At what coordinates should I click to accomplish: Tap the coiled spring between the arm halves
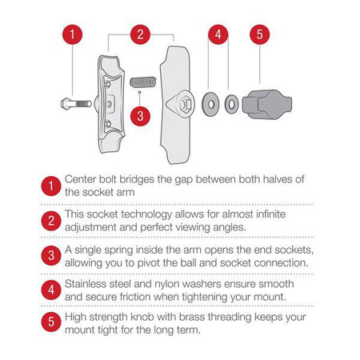click(140, 82)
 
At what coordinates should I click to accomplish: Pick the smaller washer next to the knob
click(230, 102)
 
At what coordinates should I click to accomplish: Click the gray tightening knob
click(262, 102)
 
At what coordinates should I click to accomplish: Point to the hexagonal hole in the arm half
click(181, 102)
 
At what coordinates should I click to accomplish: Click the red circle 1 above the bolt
click(73, 35)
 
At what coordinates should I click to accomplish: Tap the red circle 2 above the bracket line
click(140, 34)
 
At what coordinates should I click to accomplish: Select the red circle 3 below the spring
click(140, 115)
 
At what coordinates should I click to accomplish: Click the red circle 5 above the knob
click(260, 35)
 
